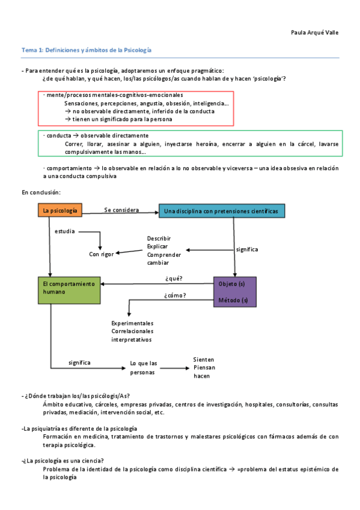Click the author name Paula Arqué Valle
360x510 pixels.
point(314,32)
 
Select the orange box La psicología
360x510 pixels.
point(59,210)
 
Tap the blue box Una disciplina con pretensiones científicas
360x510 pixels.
point(221,211)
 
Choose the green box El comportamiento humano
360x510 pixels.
point(67,287)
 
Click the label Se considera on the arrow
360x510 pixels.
point(121,210)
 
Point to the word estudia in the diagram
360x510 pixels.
point(65,232)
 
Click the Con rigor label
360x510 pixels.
point(102,254)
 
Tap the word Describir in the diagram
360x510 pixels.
point(159,238)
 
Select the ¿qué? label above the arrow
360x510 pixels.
point(174,278)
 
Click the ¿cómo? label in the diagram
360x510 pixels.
point(175,295)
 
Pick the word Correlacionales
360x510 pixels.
point(132,331)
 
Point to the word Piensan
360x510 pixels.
point(204,367)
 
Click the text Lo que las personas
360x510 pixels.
point(144,367)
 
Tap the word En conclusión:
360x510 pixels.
point(41,192)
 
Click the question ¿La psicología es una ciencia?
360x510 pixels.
point(63,460)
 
